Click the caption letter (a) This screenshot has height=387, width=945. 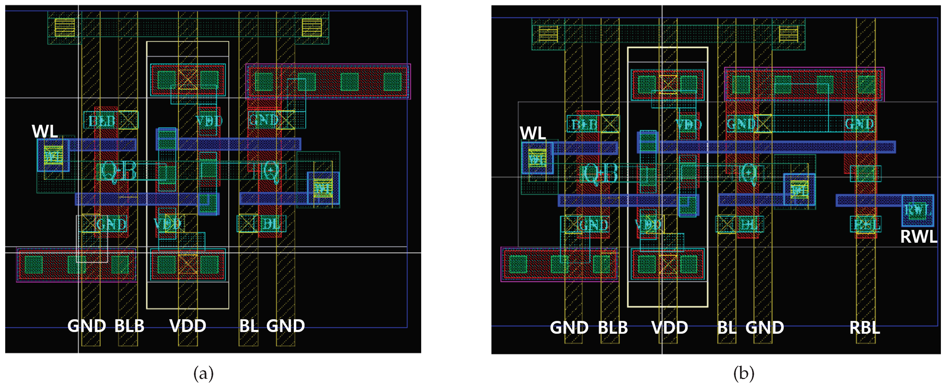(x=203, y=374)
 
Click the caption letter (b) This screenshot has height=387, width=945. (x=744, y=374)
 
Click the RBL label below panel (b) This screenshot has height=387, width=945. (x=865, y=327)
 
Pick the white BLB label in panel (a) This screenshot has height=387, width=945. (x=129, y=326)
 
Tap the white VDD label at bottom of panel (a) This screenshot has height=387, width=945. (x=187, y=326)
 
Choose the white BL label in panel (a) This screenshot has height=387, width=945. (x=249, y=326)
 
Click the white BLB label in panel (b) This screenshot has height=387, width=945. (x=613, y=327)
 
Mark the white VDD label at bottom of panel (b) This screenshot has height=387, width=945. (x=670, y=327)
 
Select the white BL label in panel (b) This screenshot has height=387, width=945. (x=727, y=327)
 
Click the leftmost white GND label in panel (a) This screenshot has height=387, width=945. (x=87, y=326)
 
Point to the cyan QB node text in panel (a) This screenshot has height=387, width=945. (x=118, y=171)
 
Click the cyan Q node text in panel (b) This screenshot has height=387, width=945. (x=748, y=173)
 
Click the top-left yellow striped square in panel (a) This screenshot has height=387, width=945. (x=64, y=27)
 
